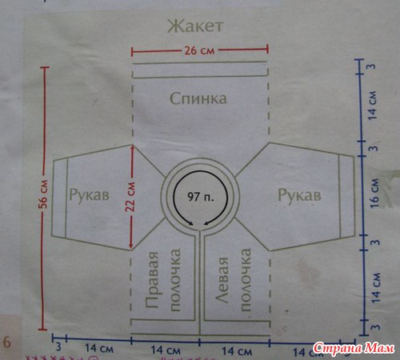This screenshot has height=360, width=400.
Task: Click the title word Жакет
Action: (x=195, y=26)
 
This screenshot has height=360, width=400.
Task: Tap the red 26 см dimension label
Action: (x=199, y=50)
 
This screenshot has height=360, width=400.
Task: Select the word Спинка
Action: (x=198, y=98)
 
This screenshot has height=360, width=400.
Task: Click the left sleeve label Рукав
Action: (x=89, y=195)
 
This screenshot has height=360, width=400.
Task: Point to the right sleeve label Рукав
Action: (x=299, y=195)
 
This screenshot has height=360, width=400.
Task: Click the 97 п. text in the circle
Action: (x=201, y=197)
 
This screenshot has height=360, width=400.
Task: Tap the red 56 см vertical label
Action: (x=44, y=194)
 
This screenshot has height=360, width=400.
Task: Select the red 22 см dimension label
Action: (x=130, y=197)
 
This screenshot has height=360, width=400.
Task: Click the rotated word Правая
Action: (x=153, y=280)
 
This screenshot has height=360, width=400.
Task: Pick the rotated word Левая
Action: (x=222, y=280)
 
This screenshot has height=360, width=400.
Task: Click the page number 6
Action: (x=7, y=342)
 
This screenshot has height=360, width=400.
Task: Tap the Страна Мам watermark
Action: (x=354, y=348)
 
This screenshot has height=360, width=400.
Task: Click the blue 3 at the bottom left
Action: (x=58, y=347)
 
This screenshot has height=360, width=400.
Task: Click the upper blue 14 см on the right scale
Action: (x=373, y=106)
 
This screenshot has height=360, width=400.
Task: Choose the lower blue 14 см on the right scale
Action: (x=375, y=288)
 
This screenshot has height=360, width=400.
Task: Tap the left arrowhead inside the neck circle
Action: (x=190, y=224)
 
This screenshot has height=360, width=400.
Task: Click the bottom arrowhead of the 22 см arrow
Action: (x=130, y=246)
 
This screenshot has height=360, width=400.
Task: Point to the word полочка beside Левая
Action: (x=245, y=280)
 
